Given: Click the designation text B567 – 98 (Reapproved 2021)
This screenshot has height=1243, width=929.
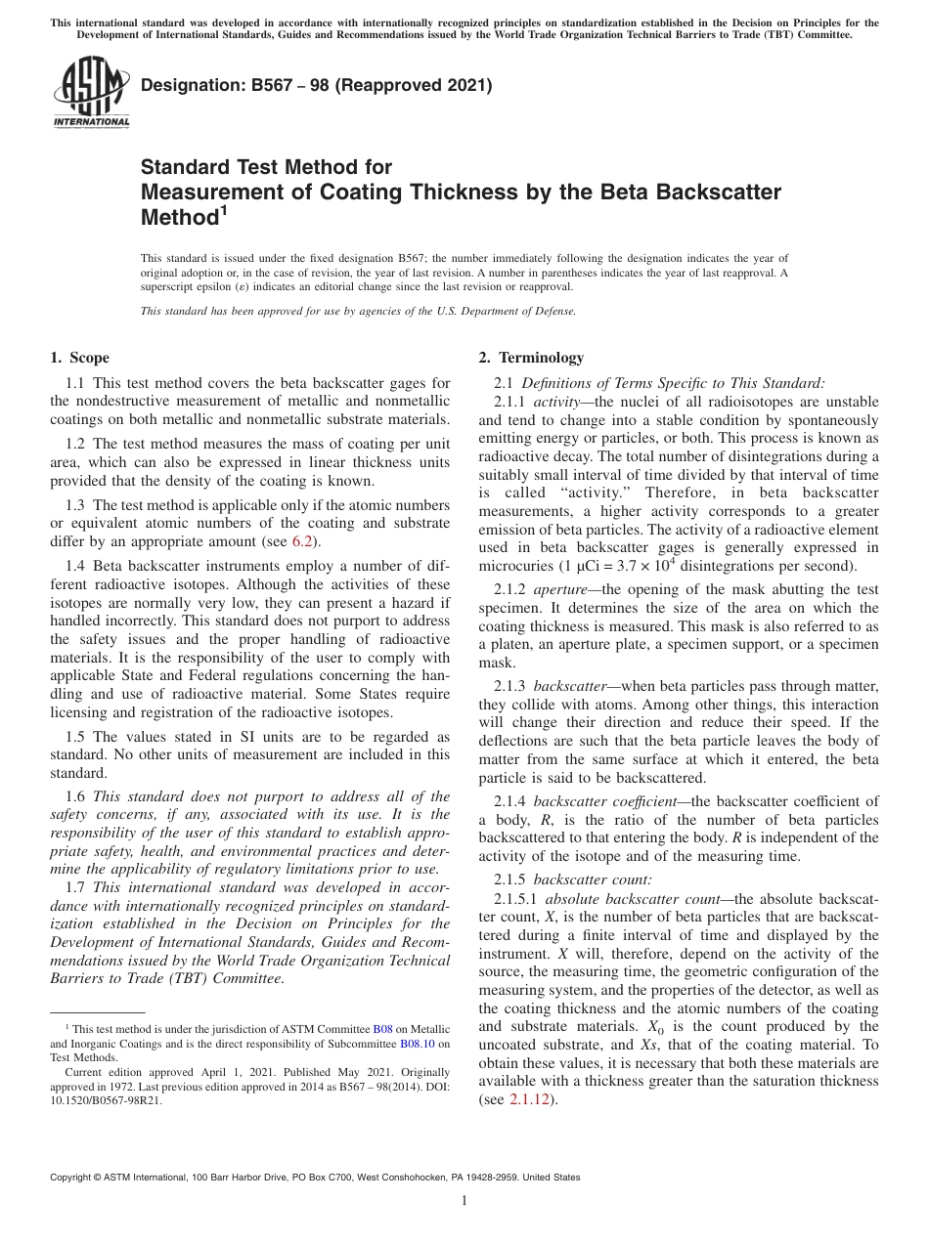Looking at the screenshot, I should pos(317,86).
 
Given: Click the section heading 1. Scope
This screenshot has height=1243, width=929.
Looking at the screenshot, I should pos(79,358).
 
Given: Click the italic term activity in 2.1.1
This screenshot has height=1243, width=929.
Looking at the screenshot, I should pos(556,402).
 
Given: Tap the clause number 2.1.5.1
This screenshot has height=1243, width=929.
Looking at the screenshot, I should pos(516,898).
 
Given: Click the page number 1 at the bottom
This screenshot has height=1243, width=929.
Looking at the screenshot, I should pos(464,1201).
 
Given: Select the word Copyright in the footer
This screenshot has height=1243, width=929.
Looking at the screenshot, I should pos(75,1178).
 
